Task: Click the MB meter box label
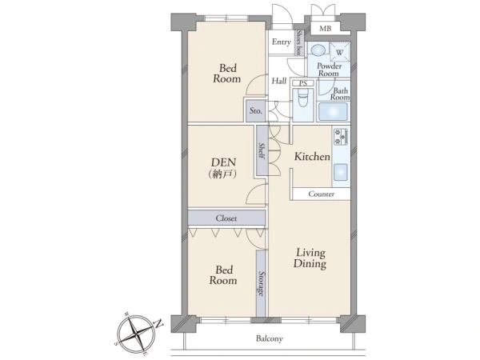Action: (x=325, y=29)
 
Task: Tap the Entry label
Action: (x=281, y=42)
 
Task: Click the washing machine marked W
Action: (x=340, y=52)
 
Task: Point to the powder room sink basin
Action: (x=318, y=50)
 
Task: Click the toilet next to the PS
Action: (x=302, y=98)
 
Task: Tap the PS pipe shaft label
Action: (x=303, y=83)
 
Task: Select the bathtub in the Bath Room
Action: (x=333, y=111)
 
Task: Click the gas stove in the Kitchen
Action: (x=341, y=137)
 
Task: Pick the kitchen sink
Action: (x=341, y=172)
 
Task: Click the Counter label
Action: (x=321, y=194)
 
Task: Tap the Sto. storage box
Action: (x=256, y=110)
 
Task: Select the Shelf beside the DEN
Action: (x=262, y=150)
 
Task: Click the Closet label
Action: (x=226, y=218)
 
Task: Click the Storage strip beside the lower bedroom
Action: (x=261, y=284)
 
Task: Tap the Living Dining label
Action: (x=310, y=258)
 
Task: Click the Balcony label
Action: (x=270, y=338)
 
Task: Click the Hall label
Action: (x=279, y=81)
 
